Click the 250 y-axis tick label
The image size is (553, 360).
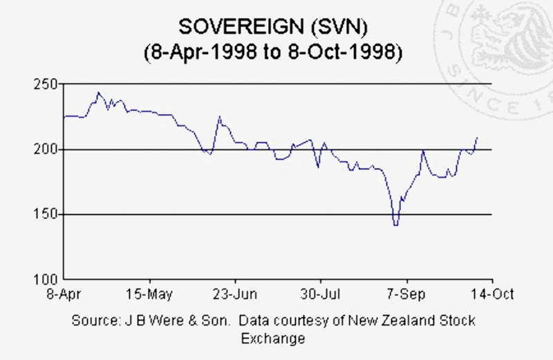pos(48,84)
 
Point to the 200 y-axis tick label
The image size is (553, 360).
pos(48,149)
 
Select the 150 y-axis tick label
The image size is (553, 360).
pos(48,215)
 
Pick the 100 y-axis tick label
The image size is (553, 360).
pos(48,280)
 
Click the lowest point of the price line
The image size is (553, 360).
pos(395,225)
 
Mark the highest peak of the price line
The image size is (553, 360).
pos(98,92)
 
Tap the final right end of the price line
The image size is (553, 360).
pos(477,137)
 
